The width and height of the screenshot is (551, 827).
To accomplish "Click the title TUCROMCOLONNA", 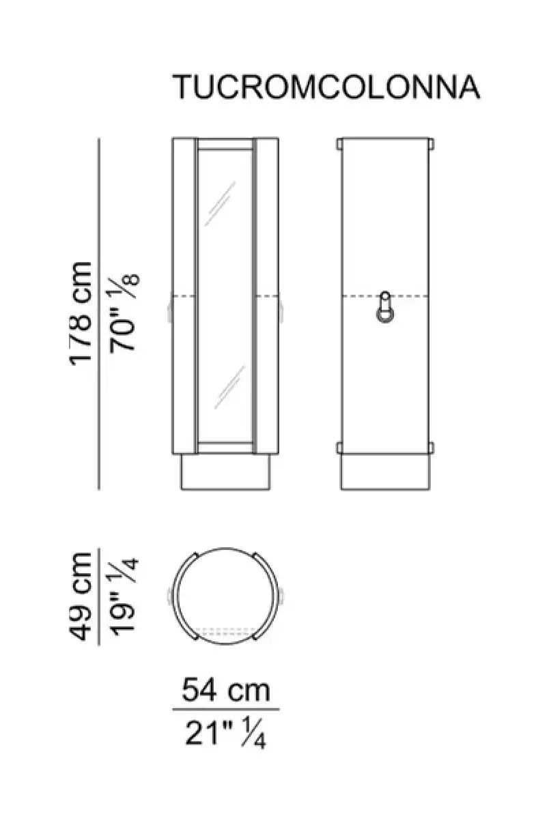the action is pyautogui.click(x=326, y=87).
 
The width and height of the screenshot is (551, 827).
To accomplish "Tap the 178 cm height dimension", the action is pyautogui.click(x=81, y=313).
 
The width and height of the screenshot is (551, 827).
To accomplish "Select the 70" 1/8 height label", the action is pyautogui.click(x=124, y=312).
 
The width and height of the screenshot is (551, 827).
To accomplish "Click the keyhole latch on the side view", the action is pyautogui.click(x=385, y=307).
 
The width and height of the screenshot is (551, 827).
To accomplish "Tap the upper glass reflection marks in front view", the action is pyautogui.click(x=221, y=203).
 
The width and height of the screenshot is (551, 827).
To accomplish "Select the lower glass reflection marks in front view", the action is pyautogui.click(x=230, y=387).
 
